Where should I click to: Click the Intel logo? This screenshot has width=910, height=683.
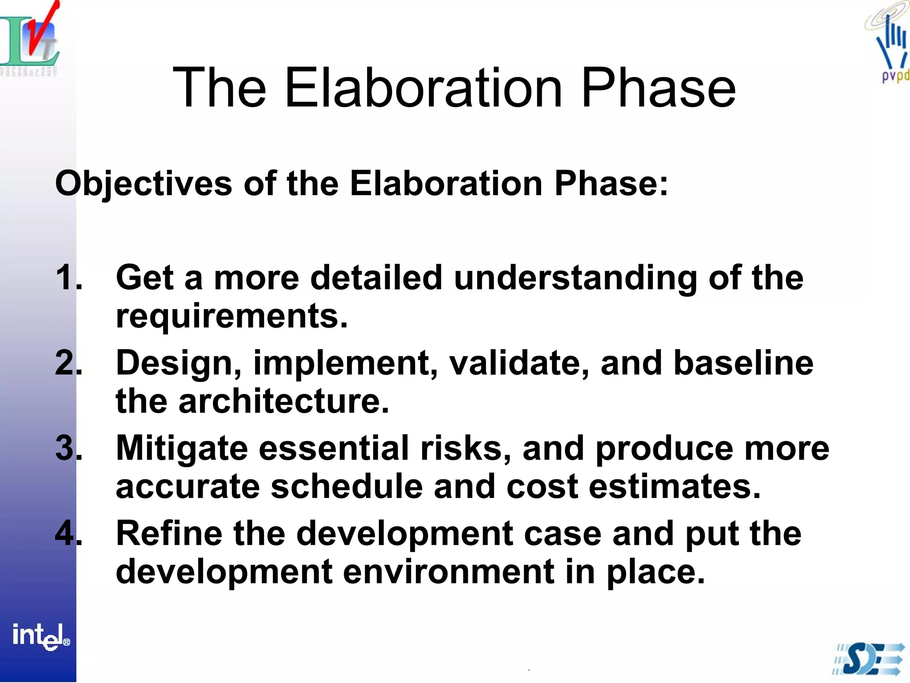tap(40, 636)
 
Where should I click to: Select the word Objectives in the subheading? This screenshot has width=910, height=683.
tap(144, 184)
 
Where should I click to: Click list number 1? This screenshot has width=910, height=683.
tap(68, 277)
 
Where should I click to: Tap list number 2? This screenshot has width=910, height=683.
tap(68, 363)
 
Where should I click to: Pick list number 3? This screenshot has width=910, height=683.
tap(68, 448)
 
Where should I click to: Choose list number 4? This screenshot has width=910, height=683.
tap(68, 534)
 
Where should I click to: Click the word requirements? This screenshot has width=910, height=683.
tap(231, 316)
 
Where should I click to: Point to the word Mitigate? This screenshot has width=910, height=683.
tap(181, 448)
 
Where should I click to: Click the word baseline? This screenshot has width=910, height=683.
tap(743, 363)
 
